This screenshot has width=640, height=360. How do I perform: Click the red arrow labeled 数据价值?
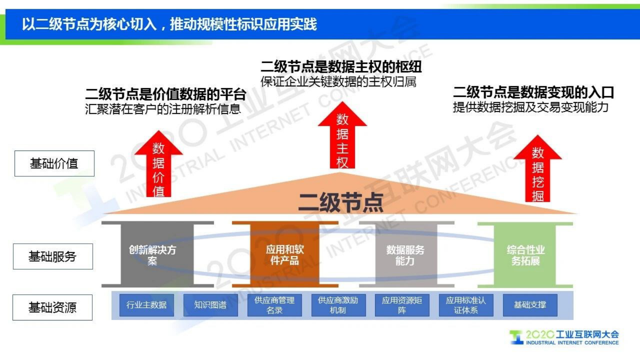158,167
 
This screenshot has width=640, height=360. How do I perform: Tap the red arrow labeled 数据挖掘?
538,172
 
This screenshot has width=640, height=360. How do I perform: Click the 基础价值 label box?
54,163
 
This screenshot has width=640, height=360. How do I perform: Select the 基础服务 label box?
53,256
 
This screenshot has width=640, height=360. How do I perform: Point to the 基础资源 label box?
52,308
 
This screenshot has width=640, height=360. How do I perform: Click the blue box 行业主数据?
146,305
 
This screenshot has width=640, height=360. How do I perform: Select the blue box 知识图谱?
211,305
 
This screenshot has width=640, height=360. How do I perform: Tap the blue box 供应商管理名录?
274,305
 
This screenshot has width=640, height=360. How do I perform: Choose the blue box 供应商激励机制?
338,305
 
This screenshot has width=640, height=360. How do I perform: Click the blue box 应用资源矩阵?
402,305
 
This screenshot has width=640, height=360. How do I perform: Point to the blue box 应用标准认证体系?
466,305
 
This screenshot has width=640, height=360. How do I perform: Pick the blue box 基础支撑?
530,305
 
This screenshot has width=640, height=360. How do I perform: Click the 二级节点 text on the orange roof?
341,202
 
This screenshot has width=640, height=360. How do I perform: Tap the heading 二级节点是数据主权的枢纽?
341,67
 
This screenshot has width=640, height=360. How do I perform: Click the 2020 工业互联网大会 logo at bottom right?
565,337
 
